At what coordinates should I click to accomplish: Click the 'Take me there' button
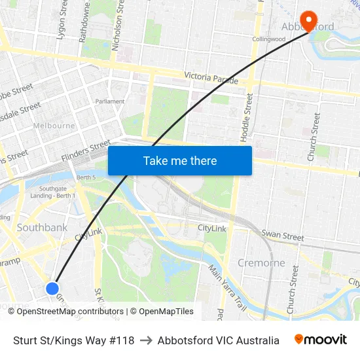click(180, 160)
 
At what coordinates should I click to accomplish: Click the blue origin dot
click(53, 288)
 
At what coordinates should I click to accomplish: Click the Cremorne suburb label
click(261, 262)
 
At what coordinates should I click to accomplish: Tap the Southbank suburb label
click(42, 228)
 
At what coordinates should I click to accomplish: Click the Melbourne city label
click(54, 125)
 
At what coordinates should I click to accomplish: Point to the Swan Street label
click(283, 235)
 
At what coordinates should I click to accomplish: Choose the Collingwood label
click(269, 39)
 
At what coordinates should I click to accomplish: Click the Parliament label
click(109, 101)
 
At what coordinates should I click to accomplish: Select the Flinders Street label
click(86, 152)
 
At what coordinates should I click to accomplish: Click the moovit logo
click(321, 340)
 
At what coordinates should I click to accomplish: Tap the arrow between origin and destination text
click(146, 340)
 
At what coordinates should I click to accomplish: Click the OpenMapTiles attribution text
click(162, 312)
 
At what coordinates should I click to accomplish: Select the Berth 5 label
click(86, 177)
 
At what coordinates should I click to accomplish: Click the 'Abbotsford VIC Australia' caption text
click(218, 340)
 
